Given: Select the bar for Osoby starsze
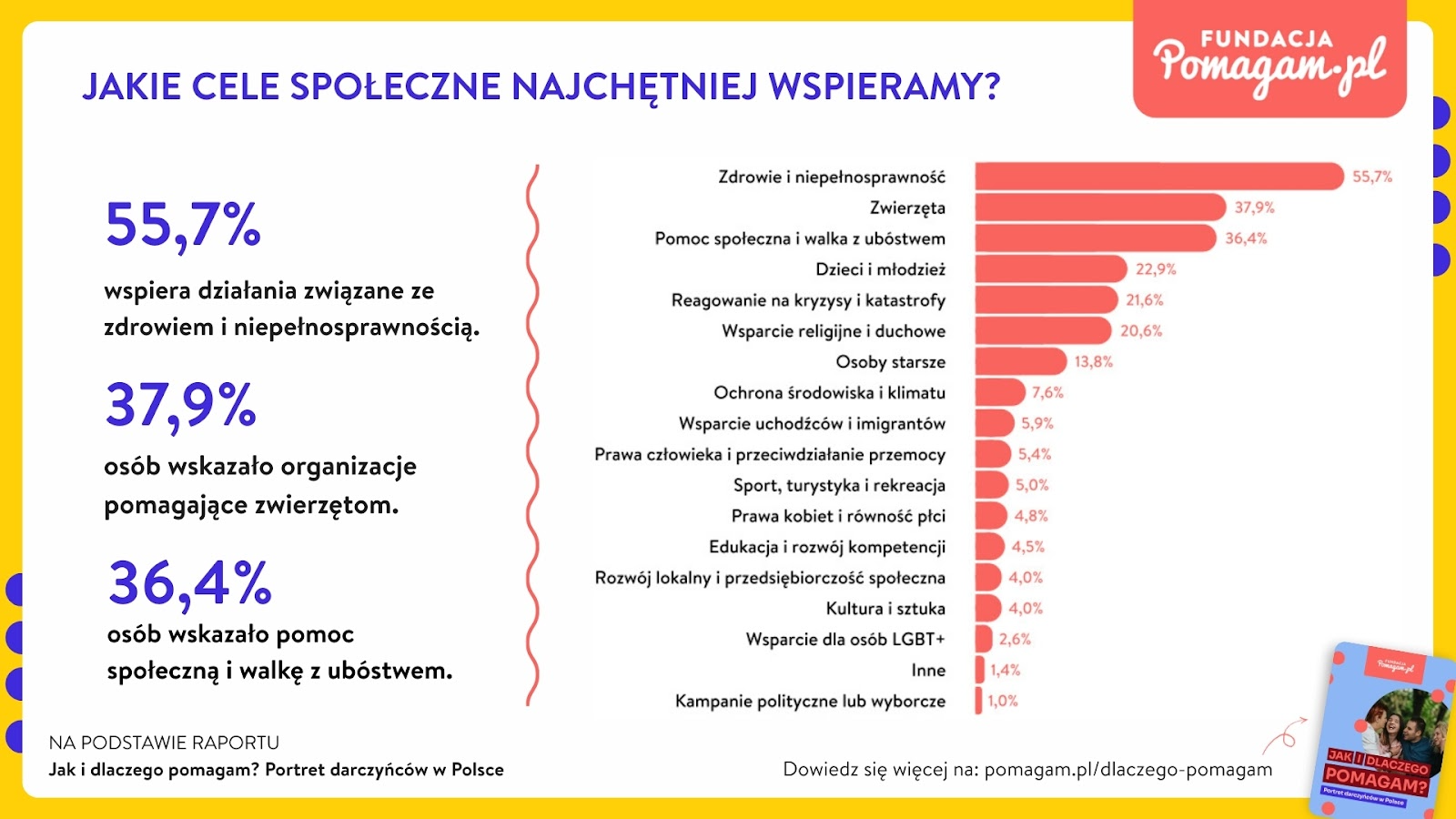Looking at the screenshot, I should pos(1019,361).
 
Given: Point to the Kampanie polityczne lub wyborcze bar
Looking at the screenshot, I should pos(978,701).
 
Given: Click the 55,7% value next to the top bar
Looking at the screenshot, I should pos(1371,177).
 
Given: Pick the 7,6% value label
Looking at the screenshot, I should pos(1047,392).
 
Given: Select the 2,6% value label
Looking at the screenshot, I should pos(1015,639).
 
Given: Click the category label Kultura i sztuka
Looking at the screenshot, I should pos(885,608).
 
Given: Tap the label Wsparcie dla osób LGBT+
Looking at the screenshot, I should pos(844,639).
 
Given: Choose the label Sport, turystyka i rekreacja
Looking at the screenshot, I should pos(839,485).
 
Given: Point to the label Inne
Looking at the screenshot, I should pos(928,670).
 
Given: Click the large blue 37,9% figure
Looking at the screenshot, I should pos(181,406).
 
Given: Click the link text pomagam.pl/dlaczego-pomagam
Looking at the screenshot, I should pos(1128,769).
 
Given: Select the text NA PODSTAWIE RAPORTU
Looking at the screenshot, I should pos(164,743).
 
